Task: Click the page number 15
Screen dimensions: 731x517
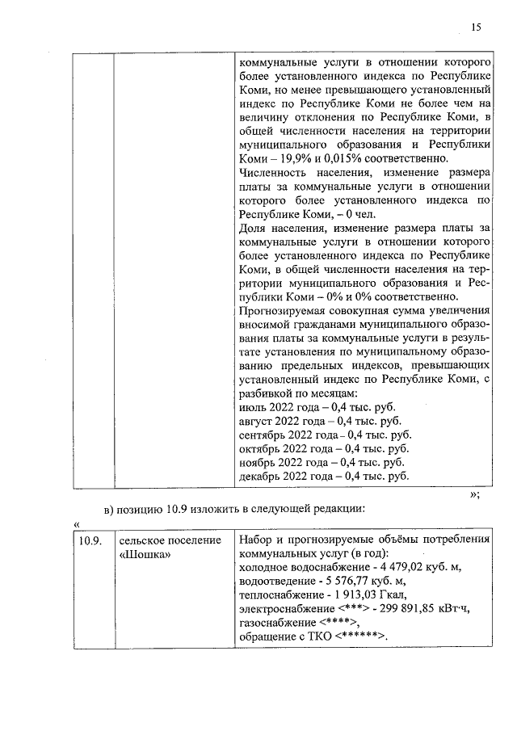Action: click(476, 27)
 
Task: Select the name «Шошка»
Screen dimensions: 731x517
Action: click(145, 555)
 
